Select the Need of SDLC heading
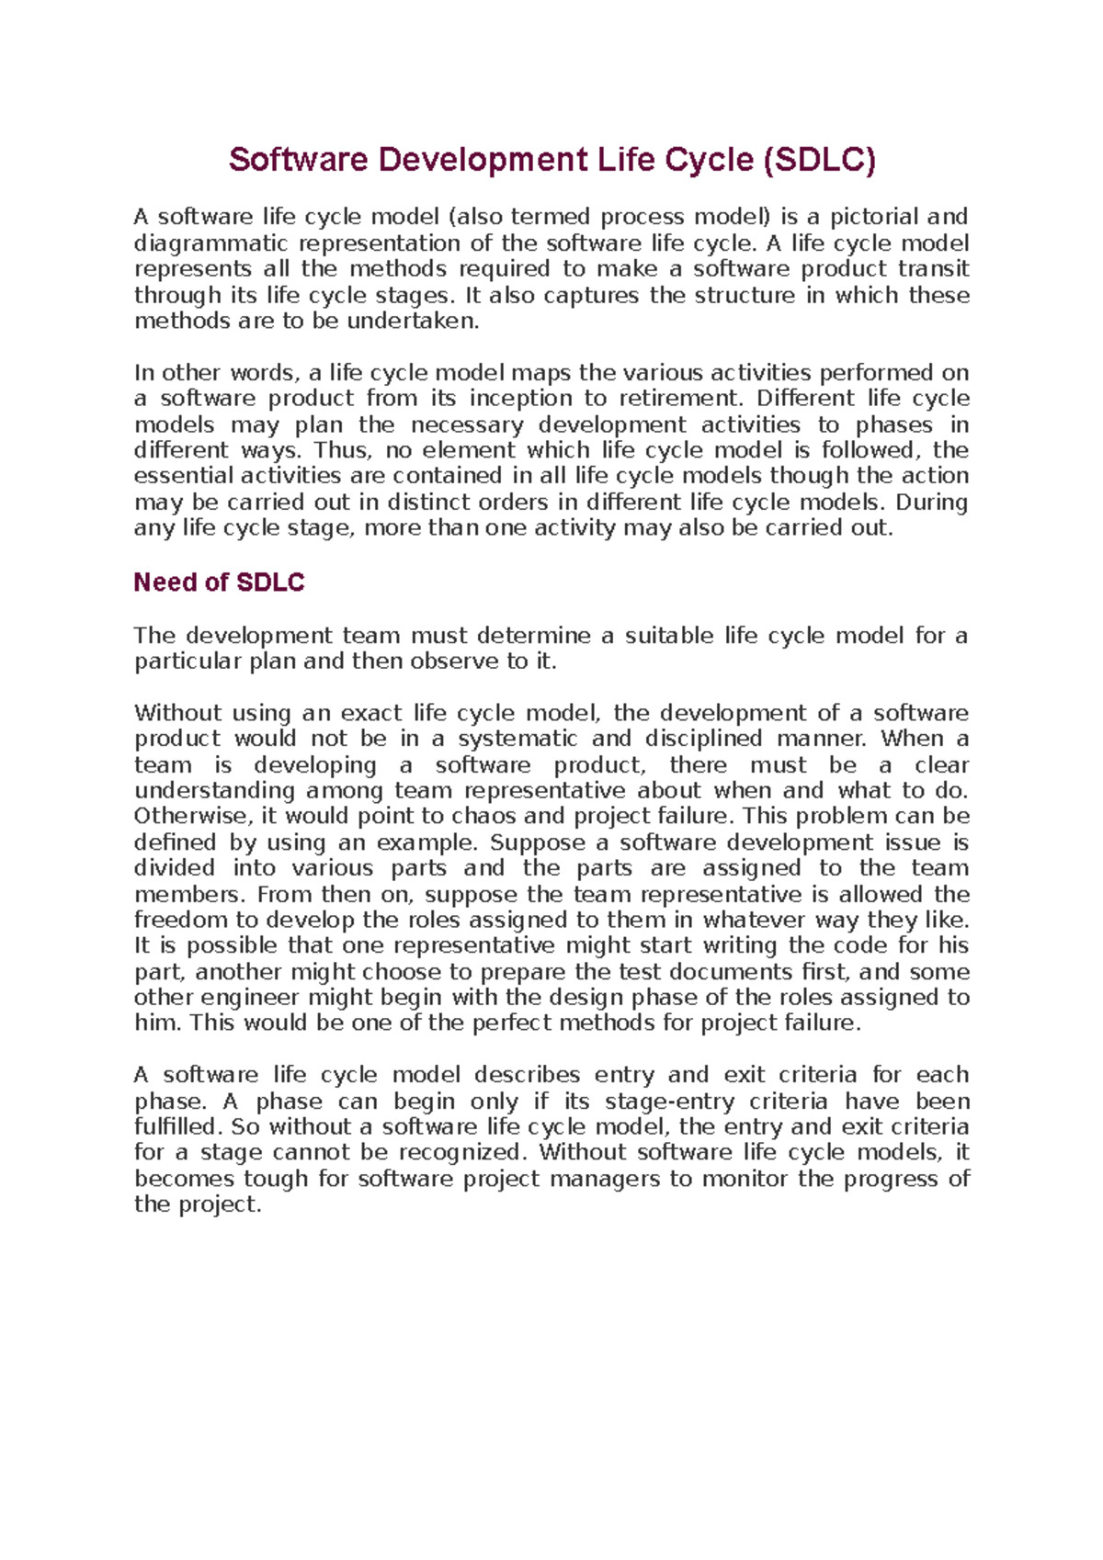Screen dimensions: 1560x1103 point(219,582)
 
